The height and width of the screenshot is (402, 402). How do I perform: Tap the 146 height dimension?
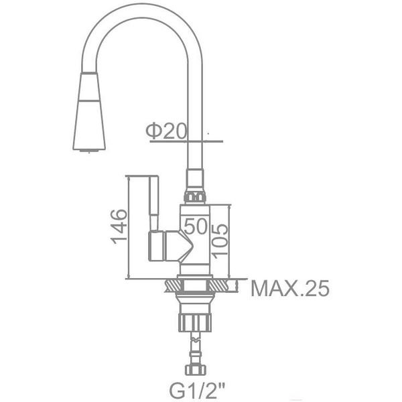tap(119, 226)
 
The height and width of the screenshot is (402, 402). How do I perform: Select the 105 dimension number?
tap(219, 239)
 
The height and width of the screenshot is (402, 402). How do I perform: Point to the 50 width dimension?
tap(196, 226)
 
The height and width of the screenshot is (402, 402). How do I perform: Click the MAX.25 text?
tap(290, 289)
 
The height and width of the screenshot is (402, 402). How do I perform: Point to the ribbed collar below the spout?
tap(194, 196)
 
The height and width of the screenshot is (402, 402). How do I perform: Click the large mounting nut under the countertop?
tap(194, 320)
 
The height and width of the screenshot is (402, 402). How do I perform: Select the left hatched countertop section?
tap(170, 286)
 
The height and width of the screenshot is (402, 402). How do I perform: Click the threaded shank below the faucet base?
tap(194, 298)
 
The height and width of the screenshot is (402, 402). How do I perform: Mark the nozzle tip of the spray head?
tap(88, 150)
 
